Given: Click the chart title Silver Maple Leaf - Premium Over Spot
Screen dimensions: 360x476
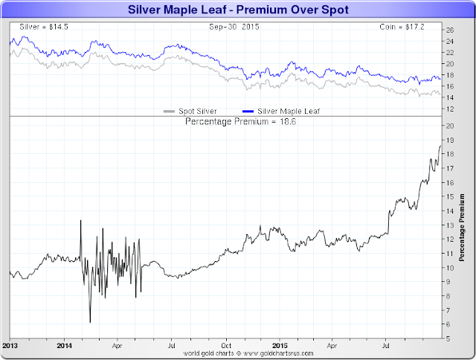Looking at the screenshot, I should (237, 10).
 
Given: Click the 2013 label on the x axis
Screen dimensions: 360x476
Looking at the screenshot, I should (10, 346).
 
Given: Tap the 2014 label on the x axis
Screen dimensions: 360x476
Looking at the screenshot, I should (64, 346).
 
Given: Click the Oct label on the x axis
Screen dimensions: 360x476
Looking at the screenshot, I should (225, 346).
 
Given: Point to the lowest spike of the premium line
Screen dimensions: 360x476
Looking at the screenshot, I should (90, 322).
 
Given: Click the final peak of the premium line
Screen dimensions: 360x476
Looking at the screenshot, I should (440, 146).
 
